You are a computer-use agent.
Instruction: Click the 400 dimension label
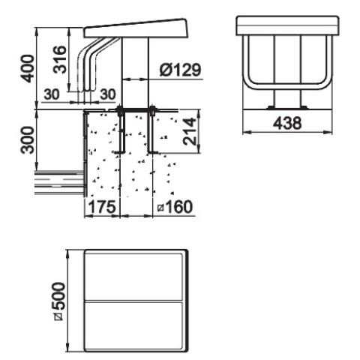[x=28, y=69]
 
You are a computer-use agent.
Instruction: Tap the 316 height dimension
[x=60, y=60]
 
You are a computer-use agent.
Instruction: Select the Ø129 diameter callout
[x=180, y=70]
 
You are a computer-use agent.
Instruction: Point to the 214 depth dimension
[x=190, y=131]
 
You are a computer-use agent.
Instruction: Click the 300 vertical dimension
[x=28, y=140]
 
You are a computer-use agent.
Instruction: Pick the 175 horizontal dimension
[x=103, y=207]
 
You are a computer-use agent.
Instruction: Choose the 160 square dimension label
[x=175, y=207]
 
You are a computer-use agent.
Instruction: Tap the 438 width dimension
[x=287, y=123]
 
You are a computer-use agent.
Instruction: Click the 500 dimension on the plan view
[x=59, y=301]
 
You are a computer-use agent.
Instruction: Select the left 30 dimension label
[x=52, y=94]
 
